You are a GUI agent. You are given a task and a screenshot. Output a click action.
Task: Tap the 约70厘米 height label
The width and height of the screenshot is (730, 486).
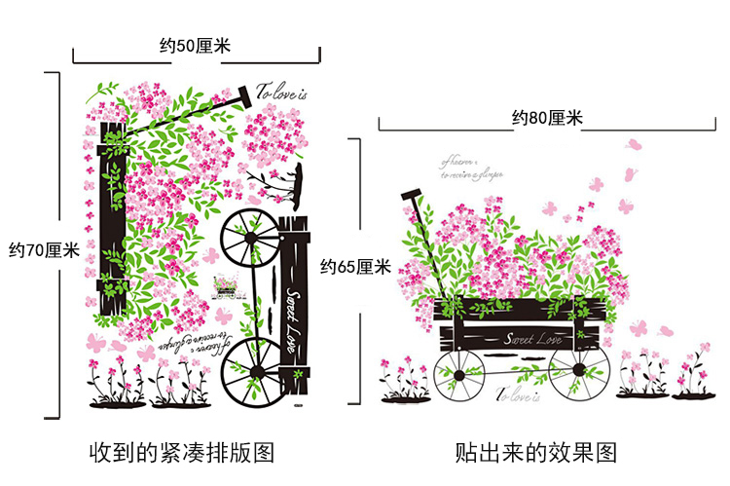pyautogui.click(x=44, y=250)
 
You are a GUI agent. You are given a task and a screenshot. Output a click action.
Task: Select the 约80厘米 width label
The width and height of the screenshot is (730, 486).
pyautogui.click(x=547, y=119)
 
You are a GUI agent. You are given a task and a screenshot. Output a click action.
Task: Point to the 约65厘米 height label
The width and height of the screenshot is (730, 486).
pyautogui.click(x=356, y=266)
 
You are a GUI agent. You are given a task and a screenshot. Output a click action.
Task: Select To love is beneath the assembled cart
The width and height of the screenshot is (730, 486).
pyautogui.click(x=517, y=394)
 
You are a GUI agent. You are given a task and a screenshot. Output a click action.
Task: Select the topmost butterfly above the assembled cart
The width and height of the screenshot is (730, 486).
pyautogui.click(x=636, y=144)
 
